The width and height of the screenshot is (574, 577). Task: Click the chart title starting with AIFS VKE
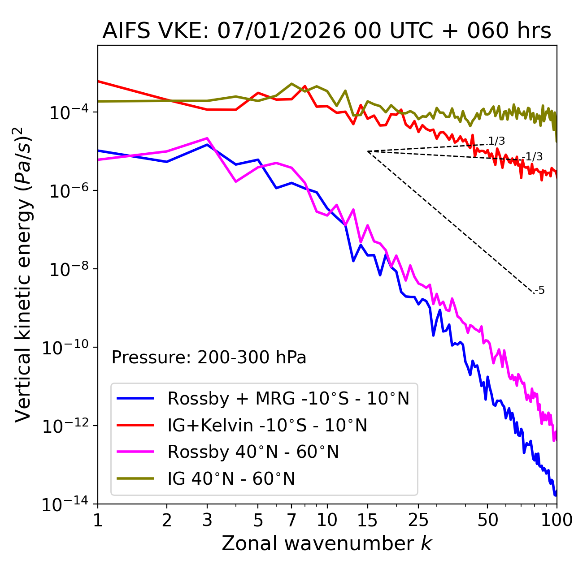tap(326, 31)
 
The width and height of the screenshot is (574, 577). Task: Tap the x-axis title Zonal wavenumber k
tap(326, 543)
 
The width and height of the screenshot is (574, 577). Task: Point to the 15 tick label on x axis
tap(368, 520)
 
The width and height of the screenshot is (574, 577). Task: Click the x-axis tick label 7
tap(291, 520)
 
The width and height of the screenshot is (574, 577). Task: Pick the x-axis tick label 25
tap(418, 520)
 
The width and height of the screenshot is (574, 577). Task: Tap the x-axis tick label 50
tap(487, 520)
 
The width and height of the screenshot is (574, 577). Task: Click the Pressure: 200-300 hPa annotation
tap(209, 357)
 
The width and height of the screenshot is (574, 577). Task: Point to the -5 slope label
tap(540, 290)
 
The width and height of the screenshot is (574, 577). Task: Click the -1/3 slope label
tap(534, 157)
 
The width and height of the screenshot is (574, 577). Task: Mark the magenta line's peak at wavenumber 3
tap(207, 138)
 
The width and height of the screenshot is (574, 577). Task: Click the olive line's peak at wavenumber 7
tap(291, 84)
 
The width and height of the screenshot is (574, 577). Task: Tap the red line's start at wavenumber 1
tap(98, 81)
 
